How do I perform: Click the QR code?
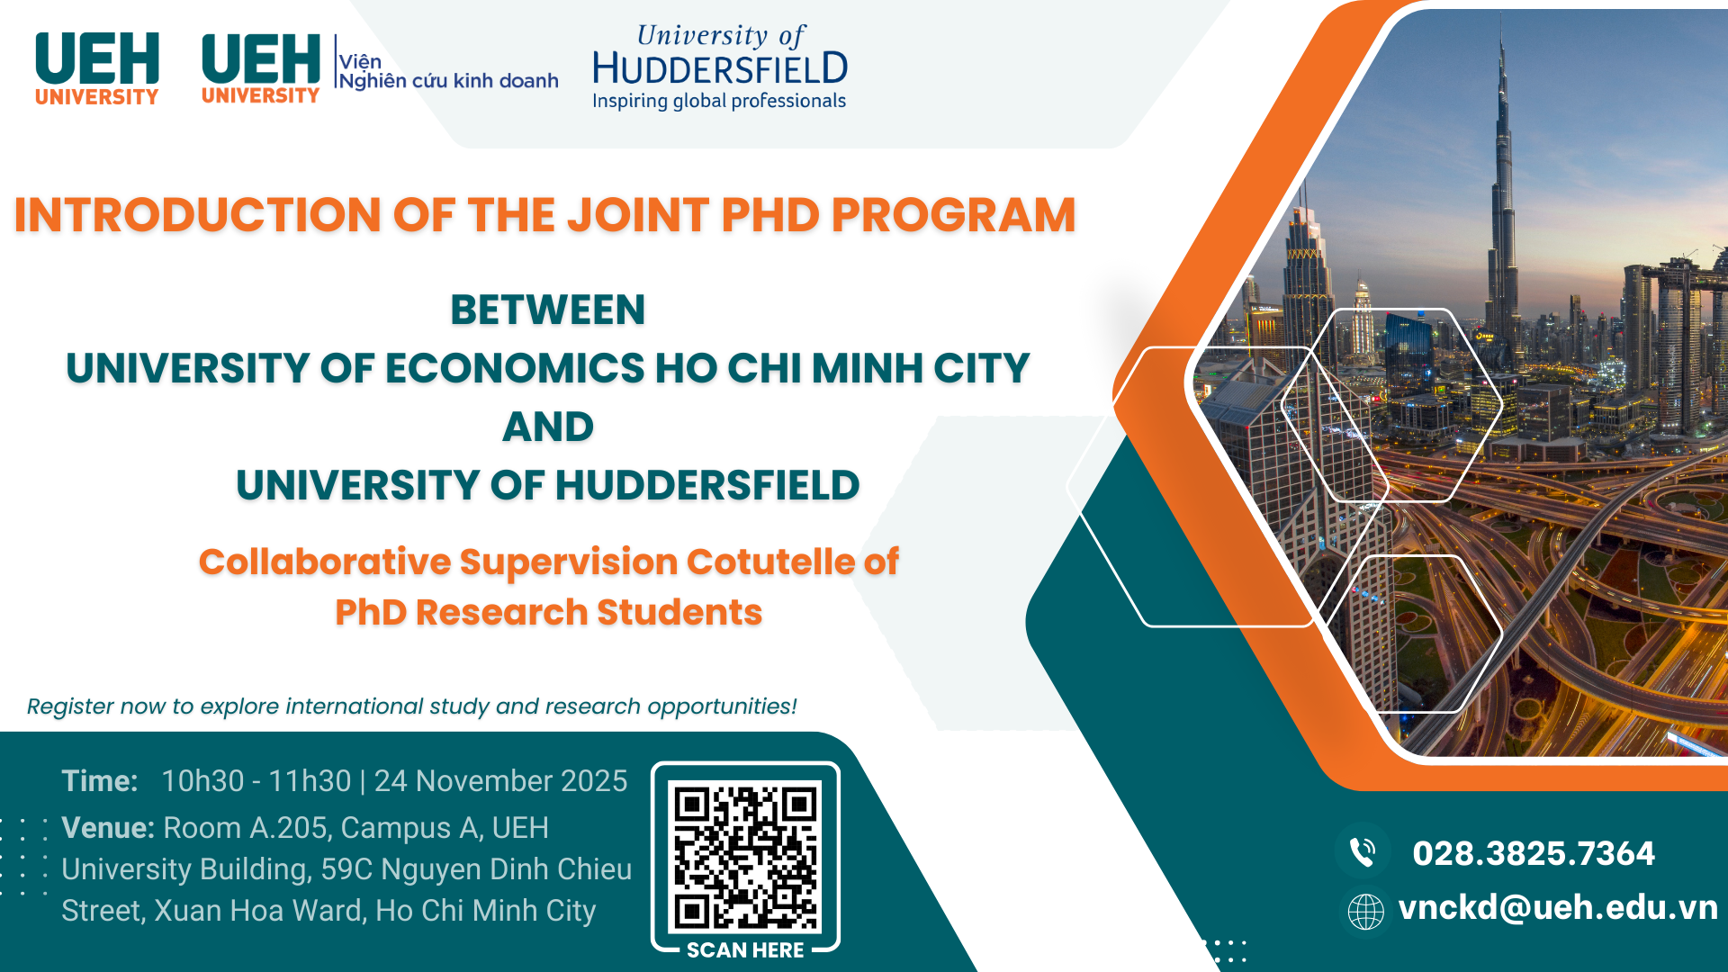click(x=745, y=856)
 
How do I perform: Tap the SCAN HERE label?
click(x=745, y=950)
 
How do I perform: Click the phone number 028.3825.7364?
click(x=1534, y=853)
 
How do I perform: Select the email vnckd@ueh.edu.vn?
click(x=1558, y=908)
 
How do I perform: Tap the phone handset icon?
click(x=1363, y=851)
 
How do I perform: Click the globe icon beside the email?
click(x=1365, y=912)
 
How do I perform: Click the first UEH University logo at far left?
click(x=97, y=69)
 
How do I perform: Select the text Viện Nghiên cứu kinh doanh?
click(x=448, y=71)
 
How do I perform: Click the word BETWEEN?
click(x=548, y=310)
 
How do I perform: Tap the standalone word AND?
click(x=548, y=427)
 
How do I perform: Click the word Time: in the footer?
click(x=100, y=781)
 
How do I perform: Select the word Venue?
click(x=108, y=828)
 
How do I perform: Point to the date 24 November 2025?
click(x=500, y=781)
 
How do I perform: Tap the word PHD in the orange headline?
click(x=770, y=216)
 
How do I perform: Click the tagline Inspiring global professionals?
click(x=719, y=101)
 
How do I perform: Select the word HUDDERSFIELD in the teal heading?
click(x=707, y=486)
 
